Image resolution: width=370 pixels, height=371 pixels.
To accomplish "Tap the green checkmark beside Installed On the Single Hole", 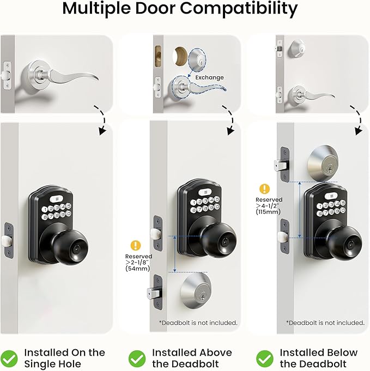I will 10,358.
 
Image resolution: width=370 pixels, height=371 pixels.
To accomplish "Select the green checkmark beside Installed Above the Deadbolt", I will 137,358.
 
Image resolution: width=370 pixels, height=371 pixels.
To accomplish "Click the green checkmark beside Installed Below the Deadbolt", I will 265,358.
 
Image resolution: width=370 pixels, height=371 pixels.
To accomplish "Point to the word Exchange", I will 209,77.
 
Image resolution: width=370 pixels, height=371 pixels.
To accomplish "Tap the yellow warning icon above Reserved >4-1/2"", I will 265,189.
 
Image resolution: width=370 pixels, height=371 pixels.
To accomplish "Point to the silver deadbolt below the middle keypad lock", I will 197,291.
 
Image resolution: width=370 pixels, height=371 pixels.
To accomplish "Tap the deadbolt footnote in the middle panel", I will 198,323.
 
